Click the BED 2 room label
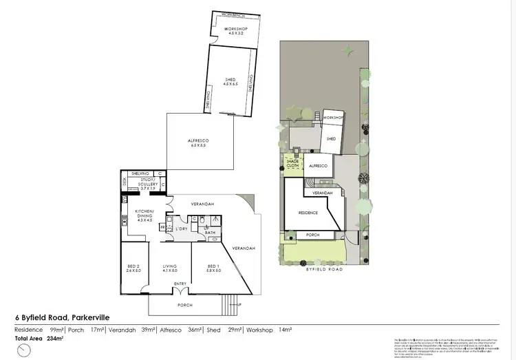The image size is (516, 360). [x=133, y=266]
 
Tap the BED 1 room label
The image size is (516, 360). [x=213, y=266]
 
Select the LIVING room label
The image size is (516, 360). [x=170, y=266]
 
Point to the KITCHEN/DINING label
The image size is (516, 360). [x=144, y=213]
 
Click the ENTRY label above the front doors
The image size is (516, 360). [x=180, y=284]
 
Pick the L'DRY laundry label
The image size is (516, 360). [x=182, y=228]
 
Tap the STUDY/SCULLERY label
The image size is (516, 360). [x=144, y=183]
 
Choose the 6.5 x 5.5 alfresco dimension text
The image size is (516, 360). [x=198, y=145]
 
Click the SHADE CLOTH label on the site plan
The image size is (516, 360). [x=293, y=163]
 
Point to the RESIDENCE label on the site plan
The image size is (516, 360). [x=308, y=213]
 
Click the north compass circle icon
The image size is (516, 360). [x=25, y=350]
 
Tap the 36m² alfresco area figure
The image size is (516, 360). [x=195, y=330]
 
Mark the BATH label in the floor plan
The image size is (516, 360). [x=211, y=232]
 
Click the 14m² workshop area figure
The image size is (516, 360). [x=285, y=330]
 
